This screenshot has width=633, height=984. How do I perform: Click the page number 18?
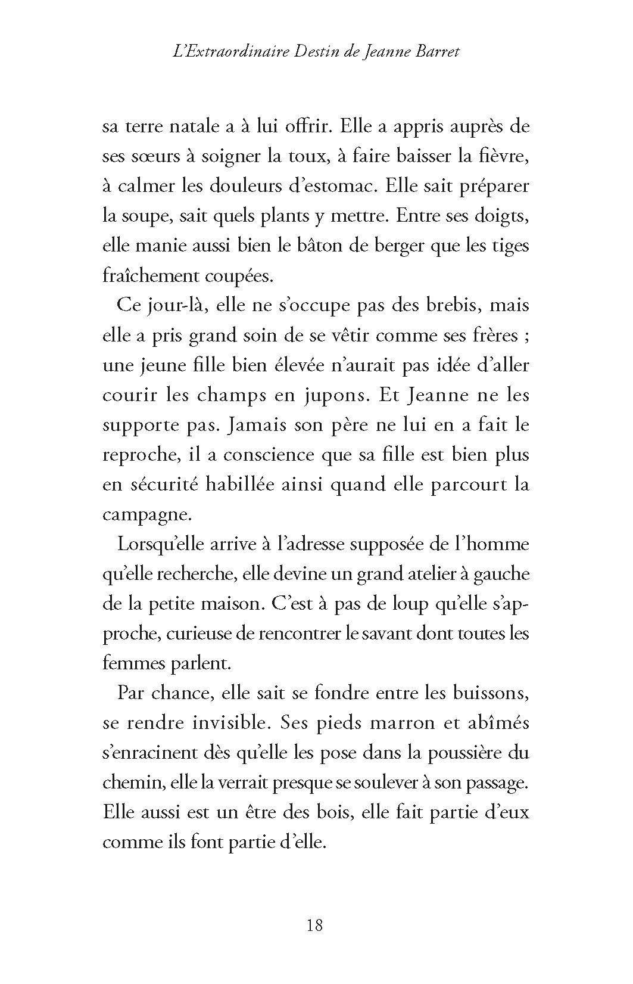click(x=315, y=925)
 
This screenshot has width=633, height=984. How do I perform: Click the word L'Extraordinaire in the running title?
click(x=226, y=52)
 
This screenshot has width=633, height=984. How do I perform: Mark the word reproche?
click(x=136, y=455)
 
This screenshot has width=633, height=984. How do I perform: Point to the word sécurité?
click(x=158, y=485)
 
